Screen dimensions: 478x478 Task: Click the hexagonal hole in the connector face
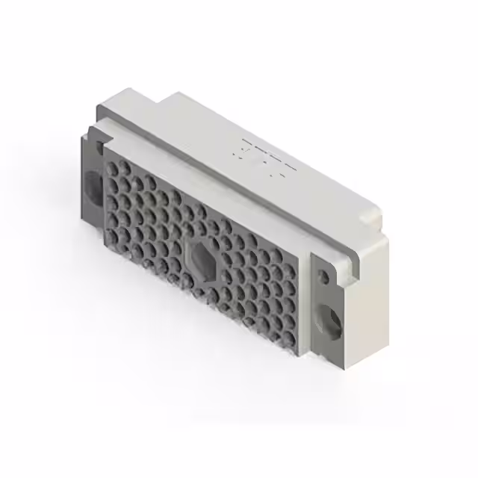[x=201, y=258]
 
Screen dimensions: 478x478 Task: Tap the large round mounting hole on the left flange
[x=94, y=184]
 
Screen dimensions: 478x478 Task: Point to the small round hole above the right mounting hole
[x=323, y=277]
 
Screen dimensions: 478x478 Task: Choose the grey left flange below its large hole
[x=91, y=217]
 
